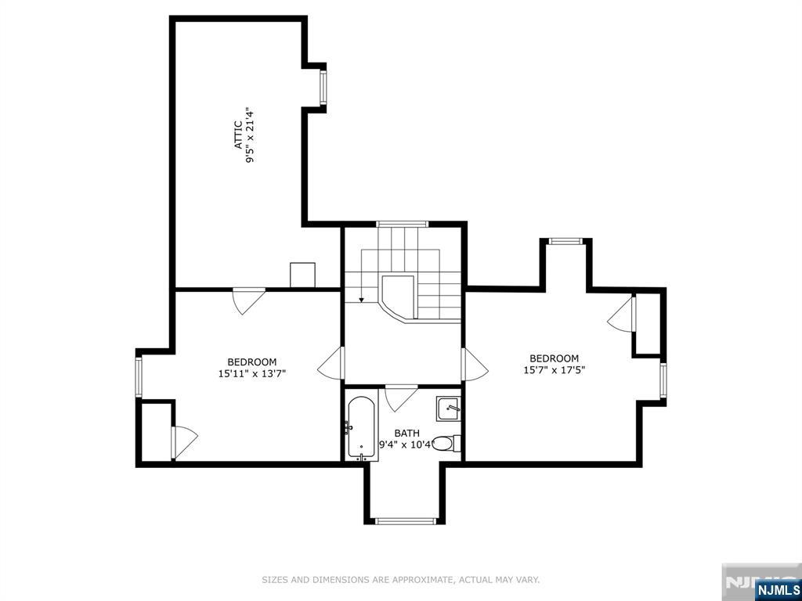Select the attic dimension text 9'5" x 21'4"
coord(251,135)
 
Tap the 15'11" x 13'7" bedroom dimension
coord(251,374)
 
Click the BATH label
coord(406,433)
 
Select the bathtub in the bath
coord(361,427)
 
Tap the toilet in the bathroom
coord(445,444)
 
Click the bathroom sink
coord(448,408)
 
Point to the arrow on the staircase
coord(360,297)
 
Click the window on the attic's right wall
coord(323,87)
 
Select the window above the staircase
coord(403,224)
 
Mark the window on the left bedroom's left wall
coord(139,376)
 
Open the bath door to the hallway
coord(401,397)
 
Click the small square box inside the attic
coord(302,275)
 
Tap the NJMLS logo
coord(778,589)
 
